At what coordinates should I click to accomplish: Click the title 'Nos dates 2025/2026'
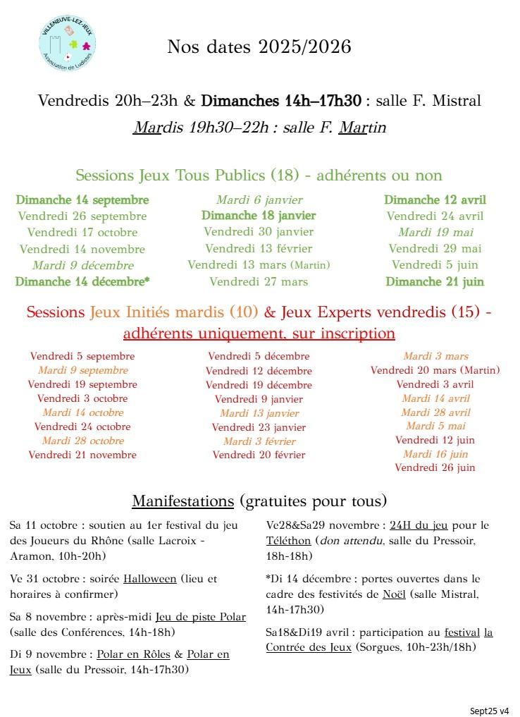[x=259, y=47]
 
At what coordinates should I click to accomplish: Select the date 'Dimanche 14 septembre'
[x=82, y=200]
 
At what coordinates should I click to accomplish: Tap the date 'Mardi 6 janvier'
[x=259, y=200]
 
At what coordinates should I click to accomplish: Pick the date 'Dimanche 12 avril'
[x=435, y=200]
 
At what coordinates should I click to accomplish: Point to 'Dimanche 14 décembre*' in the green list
[x=82, y=282]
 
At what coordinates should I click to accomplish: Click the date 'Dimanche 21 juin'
[x=435, y=282]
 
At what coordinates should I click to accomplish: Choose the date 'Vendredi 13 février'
[x=259, y=249]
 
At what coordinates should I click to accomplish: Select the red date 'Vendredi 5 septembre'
[x=82, y=357]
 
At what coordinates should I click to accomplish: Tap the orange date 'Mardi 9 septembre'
[x=83, y=371]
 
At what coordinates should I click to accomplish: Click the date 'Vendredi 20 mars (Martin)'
[x=435, y=370]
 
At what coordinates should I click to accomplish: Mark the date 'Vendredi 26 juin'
[x=435, y=467]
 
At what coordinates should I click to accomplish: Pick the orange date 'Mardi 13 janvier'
[x=259, y=413]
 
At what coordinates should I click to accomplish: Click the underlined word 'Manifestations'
[x=182, y=501]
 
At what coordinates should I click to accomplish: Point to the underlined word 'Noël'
[x=394, y=594]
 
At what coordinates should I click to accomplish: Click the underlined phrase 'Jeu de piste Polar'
[x=201, y=617]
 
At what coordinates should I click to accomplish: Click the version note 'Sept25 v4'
[x=490, y=710]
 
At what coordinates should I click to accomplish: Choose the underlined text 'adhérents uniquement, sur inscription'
[x=259, y=333]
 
